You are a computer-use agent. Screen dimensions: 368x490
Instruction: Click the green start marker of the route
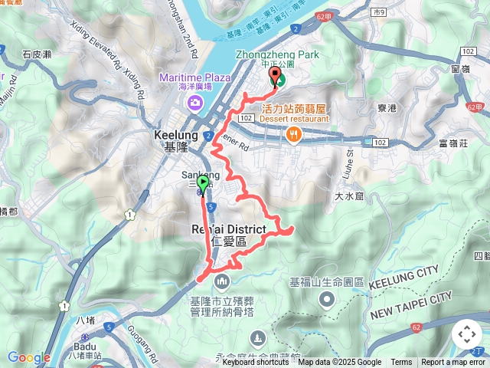(x=203, y=183)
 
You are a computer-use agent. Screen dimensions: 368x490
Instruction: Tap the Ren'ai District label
(x=229, y=235)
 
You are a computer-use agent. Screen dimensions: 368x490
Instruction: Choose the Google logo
(x=28, y=357)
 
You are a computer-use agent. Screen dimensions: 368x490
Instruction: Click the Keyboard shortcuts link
(x=256, y=363)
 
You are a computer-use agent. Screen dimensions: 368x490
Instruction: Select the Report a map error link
(x=453, y=363)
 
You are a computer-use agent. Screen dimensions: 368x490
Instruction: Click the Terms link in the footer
(x=401, y=363)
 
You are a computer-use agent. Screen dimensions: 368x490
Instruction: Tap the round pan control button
(x=467, y=335)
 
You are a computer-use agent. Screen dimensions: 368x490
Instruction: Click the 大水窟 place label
(x=348, y=197)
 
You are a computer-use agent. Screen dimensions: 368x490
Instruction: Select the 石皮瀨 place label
(x=37, y=54)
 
